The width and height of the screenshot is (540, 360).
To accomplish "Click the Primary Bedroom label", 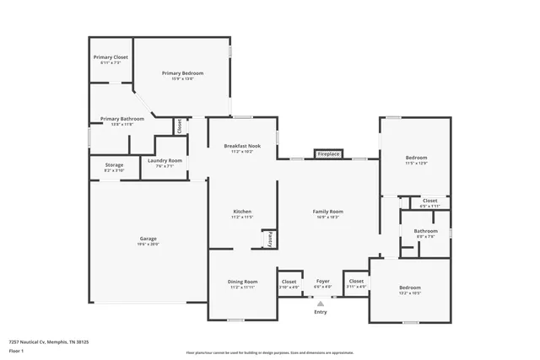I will (183, 73).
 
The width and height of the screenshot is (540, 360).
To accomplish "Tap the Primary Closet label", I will (111, 57).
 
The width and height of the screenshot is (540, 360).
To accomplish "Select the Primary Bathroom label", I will (122, 119).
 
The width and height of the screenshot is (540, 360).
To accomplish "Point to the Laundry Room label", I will (165, 160).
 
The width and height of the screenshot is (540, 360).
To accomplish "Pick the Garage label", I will (148, 239).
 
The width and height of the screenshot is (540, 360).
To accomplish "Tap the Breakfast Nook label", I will (242, 146).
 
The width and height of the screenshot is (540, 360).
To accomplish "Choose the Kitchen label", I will (242, 211).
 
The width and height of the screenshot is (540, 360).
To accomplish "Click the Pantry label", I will (270, 239).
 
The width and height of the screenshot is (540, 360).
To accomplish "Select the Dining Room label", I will (242, 282).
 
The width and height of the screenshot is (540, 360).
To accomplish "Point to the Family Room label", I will (327, 211).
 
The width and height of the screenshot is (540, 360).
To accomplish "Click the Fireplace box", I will (328, 154).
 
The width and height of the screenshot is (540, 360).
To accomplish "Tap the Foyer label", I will (322, 281).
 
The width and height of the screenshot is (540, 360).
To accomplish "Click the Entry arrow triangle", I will (321, 304).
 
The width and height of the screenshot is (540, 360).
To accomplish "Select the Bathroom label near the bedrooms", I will (425, 231).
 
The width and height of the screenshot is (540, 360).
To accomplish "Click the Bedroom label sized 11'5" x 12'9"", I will (416, 158).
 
